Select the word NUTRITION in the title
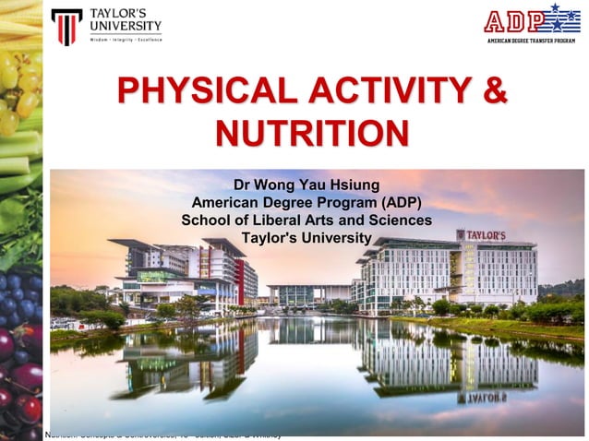pyautogui.click(x=311, y=133)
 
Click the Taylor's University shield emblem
pyautogui.click(x=66, y=27)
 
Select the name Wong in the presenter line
pyautogui.click(x=278, y=184)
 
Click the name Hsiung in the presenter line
pyautogui.click(x=354, y=184)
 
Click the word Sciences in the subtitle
pyautogui.click(x=399, y=220)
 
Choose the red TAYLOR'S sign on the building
pyautogui.click(x=486, y=235)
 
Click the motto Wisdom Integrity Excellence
pyautogui.click(x=125, y=40)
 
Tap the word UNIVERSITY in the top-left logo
pyautogui.click(x=126, y=26)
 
